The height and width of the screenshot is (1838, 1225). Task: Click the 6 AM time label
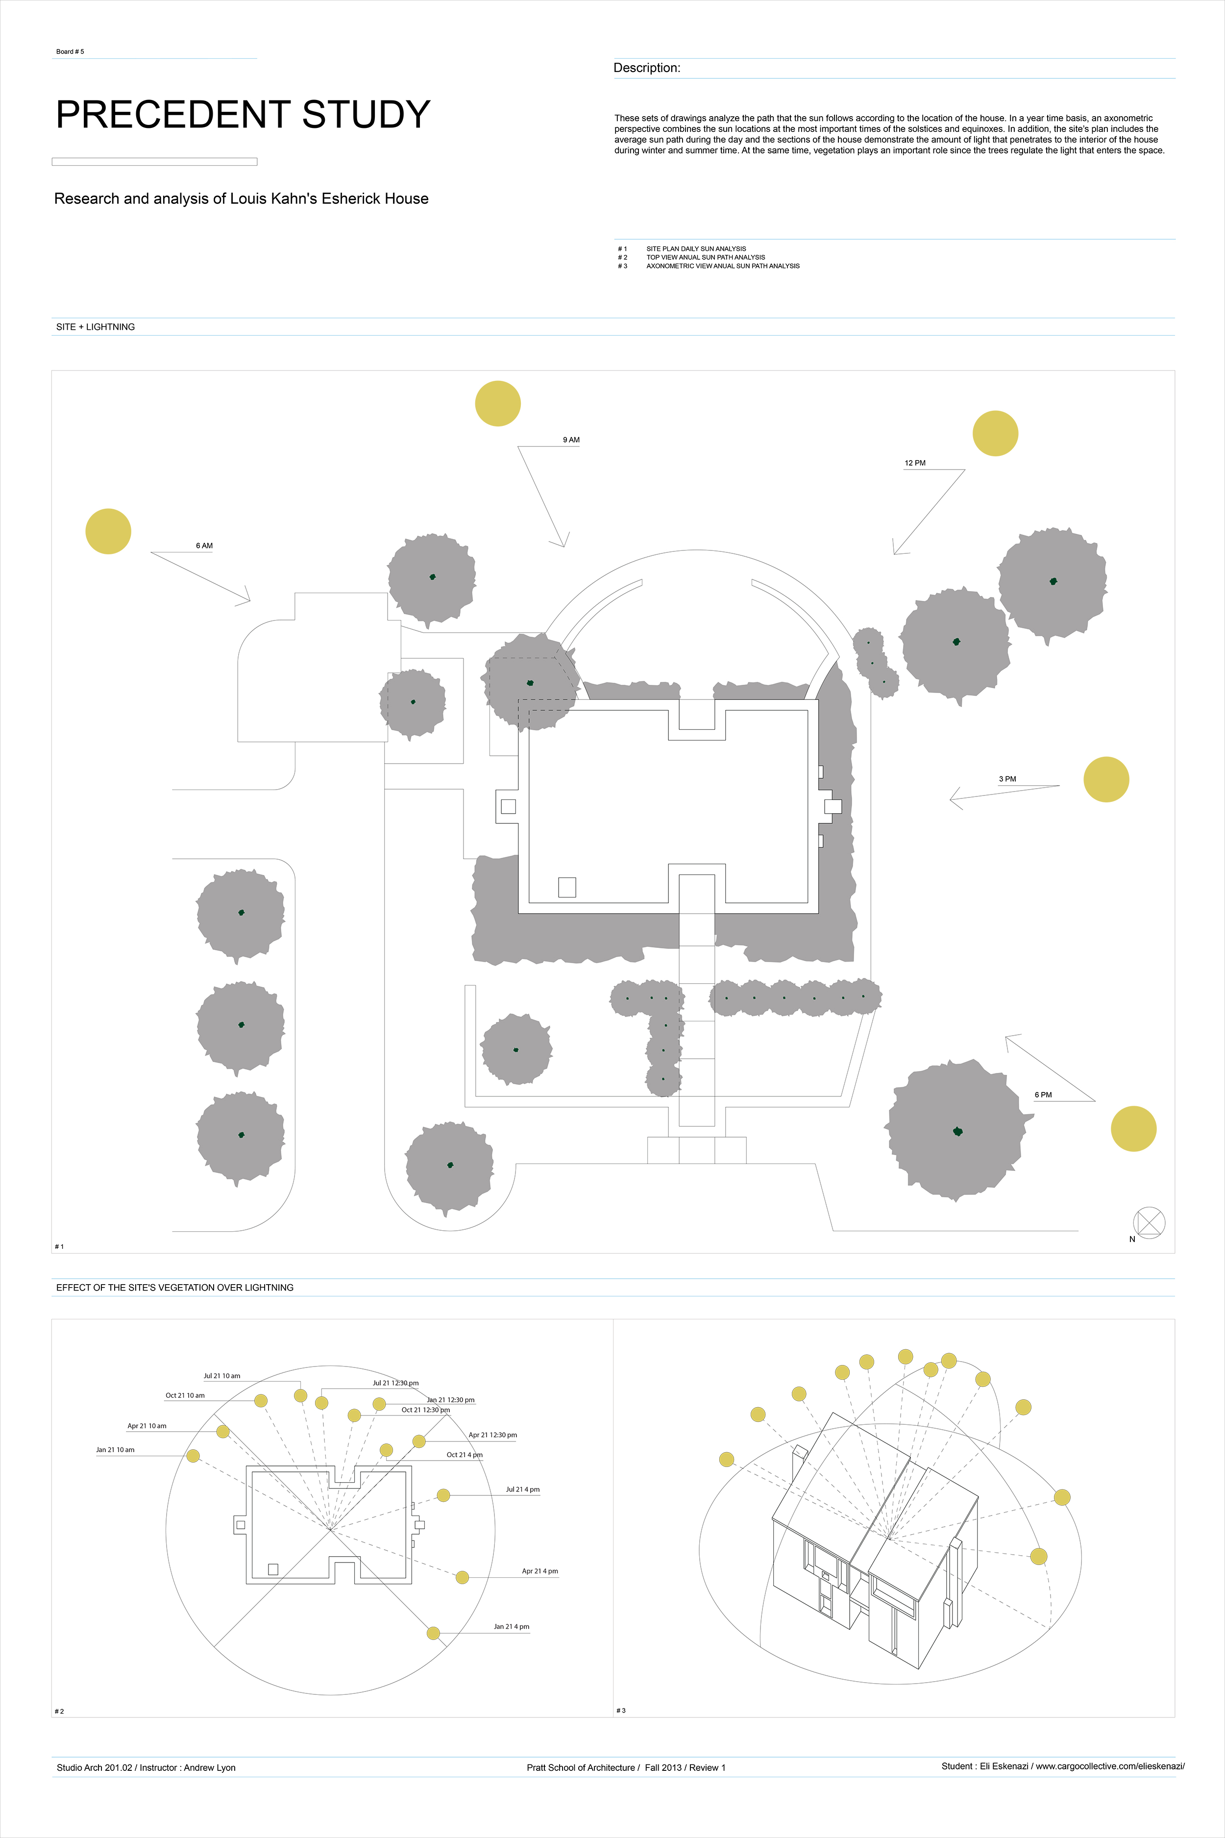coord(204,546)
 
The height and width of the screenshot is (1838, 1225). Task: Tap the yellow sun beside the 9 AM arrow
coord(498,403)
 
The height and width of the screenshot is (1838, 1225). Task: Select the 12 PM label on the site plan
coord(915,463)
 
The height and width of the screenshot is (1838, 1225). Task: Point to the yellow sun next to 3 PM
coord(1105,779)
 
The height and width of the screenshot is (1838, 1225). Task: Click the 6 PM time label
coord(1043,1095)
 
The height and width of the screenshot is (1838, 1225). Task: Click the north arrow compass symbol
coord(1149,1223)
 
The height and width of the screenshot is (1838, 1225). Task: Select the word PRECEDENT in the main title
coord(173,115)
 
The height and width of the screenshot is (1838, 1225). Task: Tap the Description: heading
coord(646,68)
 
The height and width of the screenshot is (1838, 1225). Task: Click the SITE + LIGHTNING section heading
coord(96,326)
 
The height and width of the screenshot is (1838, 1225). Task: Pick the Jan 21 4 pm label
coord(511,1626)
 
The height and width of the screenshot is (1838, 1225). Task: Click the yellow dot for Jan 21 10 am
coord(193,1455)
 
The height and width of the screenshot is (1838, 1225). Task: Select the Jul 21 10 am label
coord(222,1375)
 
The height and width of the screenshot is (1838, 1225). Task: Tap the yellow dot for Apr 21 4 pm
coord(462,1577)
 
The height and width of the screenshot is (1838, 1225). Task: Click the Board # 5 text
coord(70,51)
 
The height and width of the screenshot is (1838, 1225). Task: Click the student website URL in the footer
coord(1110,1766)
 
